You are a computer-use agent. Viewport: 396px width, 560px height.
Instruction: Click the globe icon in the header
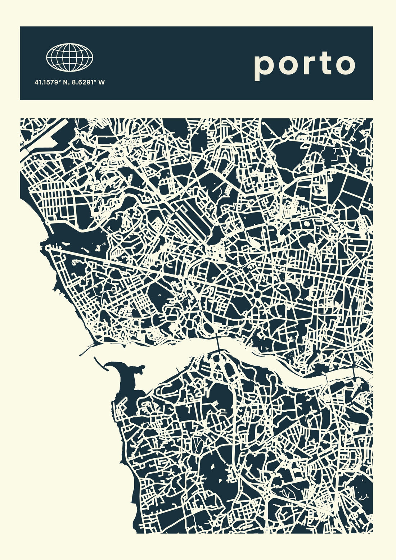click(x=69, y=57)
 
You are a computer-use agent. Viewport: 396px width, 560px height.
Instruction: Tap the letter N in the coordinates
click(x=66, y=82)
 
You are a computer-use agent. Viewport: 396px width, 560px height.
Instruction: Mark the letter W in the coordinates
click(x=102, y=82)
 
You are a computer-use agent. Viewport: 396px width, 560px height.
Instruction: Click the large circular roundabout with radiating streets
click(x=258, y=295)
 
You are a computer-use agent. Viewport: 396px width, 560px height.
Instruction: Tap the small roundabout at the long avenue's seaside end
click(x=48, y=248)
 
